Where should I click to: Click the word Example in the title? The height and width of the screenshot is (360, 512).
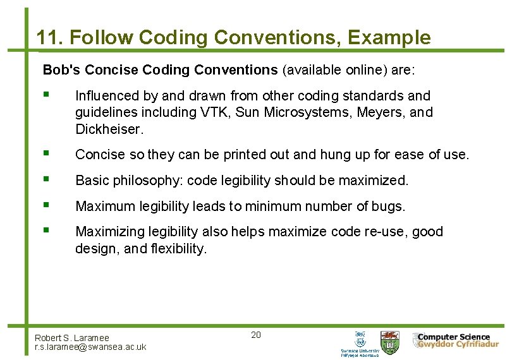tap(389, 38)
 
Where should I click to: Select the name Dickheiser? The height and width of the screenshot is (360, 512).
tap(109, 129)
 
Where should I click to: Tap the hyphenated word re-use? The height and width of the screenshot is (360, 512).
tap(386, 232)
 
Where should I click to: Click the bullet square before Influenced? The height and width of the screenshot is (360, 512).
tap(47, 95)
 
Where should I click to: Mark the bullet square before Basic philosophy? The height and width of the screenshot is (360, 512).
tap(47, 179)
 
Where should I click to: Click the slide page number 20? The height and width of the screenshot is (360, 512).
tap(256, 335)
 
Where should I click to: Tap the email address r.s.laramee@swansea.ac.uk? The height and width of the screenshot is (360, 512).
tap(90, 347)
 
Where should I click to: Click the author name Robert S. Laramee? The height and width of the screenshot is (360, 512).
tap(72, 338)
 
